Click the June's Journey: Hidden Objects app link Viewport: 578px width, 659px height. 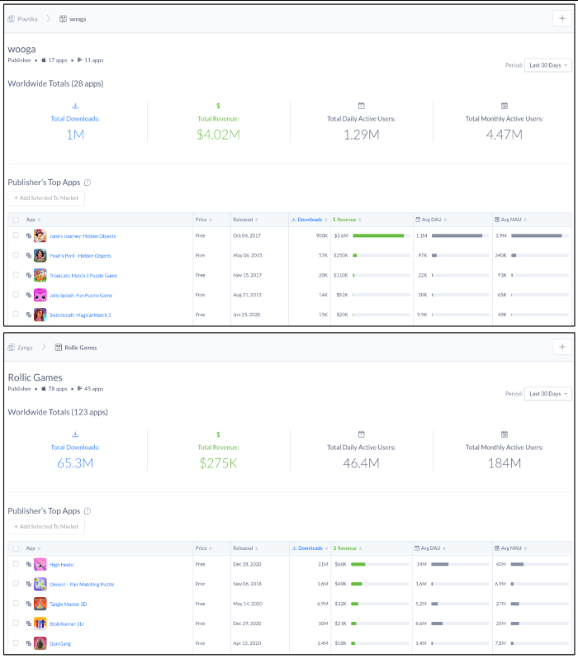pos(83,236)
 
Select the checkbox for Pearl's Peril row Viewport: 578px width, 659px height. pos(16,256)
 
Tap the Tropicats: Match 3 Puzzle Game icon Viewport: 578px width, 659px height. pos(40,275)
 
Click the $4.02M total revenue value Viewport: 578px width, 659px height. pos(218,134)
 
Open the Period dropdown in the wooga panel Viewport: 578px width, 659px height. pos(547,65)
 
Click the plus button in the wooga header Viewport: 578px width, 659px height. pos(562,18)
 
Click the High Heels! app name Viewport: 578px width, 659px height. pos(62,565)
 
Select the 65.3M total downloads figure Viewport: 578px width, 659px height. pos(74,462)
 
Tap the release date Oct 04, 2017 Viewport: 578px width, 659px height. pos(244,236)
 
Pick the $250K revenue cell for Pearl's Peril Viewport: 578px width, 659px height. pos(340,256)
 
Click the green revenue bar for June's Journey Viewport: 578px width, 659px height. pos(378,236)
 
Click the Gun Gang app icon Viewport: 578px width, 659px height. pos(40,643)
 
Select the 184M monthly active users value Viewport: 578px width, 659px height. pos(504,462)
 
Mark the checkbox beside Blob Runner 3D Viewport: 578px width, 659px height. pos(16,623)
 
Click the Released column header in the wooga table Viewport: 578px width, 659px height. pos(244,220)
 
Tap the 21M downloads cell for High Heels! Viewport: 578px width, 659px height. pos(323,565)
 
